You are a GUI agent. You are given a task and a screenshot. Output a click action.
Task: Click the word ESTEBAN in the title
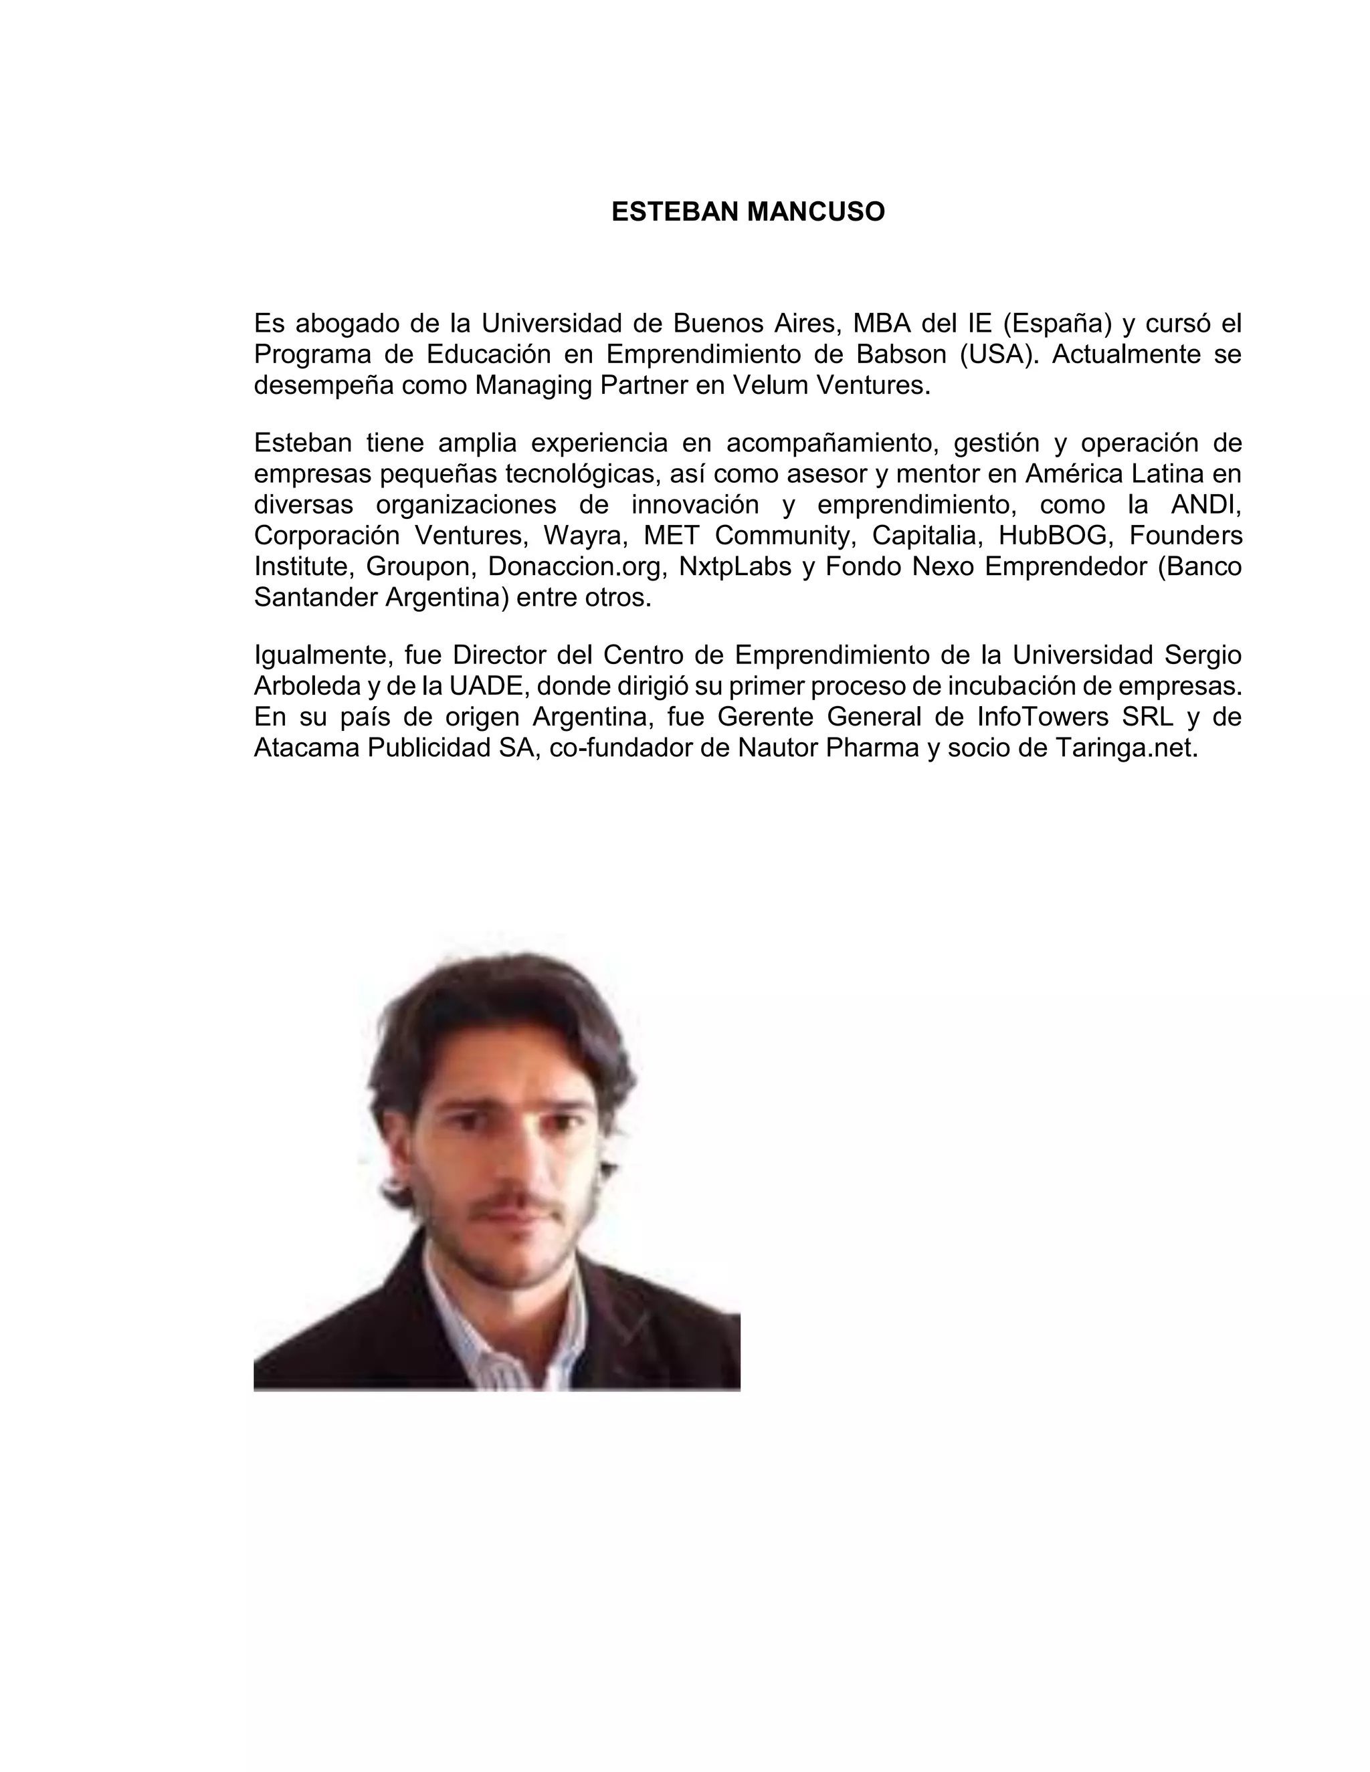(675, 212)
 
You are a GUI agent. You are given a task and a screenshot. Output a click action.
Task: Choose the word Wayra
(586, 536)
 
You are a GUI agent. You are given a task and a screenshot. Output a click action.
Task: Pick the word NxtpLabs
(735, 566)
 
